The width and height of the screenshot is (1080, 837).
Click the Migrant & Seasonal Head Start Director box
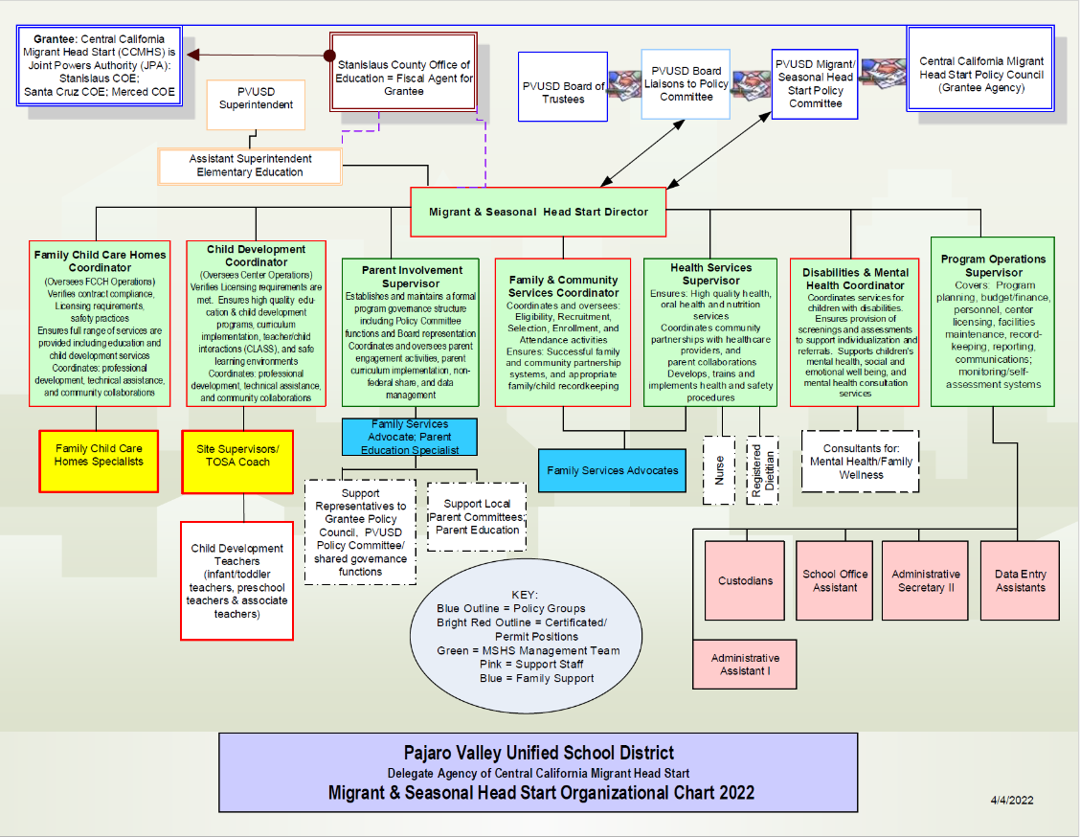[x=538, y=212]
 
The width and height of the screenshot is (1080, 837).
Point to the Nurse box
[x=719, y=470]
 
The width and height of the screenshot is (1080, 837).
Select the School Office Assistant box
[x=835, y=580]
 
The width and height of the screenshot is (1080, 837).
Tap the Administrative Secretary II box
[x=926, y=580]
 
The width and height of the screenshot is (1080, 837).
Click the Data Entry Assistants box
[x=1020, y=580]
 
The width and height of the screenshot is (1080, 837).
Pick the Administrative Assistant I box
[x=745, y=665]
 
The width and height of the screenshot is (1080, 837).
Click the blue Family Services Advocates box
[x=612, y=470]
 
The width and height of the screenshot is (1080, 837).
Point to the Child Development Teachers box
[x=237, y=580]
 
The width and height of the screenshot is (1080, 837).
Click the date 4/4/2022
[x=1012, y=800]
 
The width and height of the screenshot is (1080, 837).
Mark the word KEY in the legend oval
[x=525, y=595]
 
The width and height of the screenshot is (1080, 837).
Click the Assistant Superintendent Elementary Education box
[x=250, y=166]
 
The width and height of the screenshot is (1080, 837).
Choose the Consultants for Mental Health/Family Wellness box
[x=860, y=462]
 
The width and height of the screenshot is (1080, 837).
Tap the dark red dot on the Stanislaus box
[x=332, y=55]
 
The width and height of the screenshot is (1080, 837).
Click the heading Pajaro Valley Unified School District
[x=538, y=753]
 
